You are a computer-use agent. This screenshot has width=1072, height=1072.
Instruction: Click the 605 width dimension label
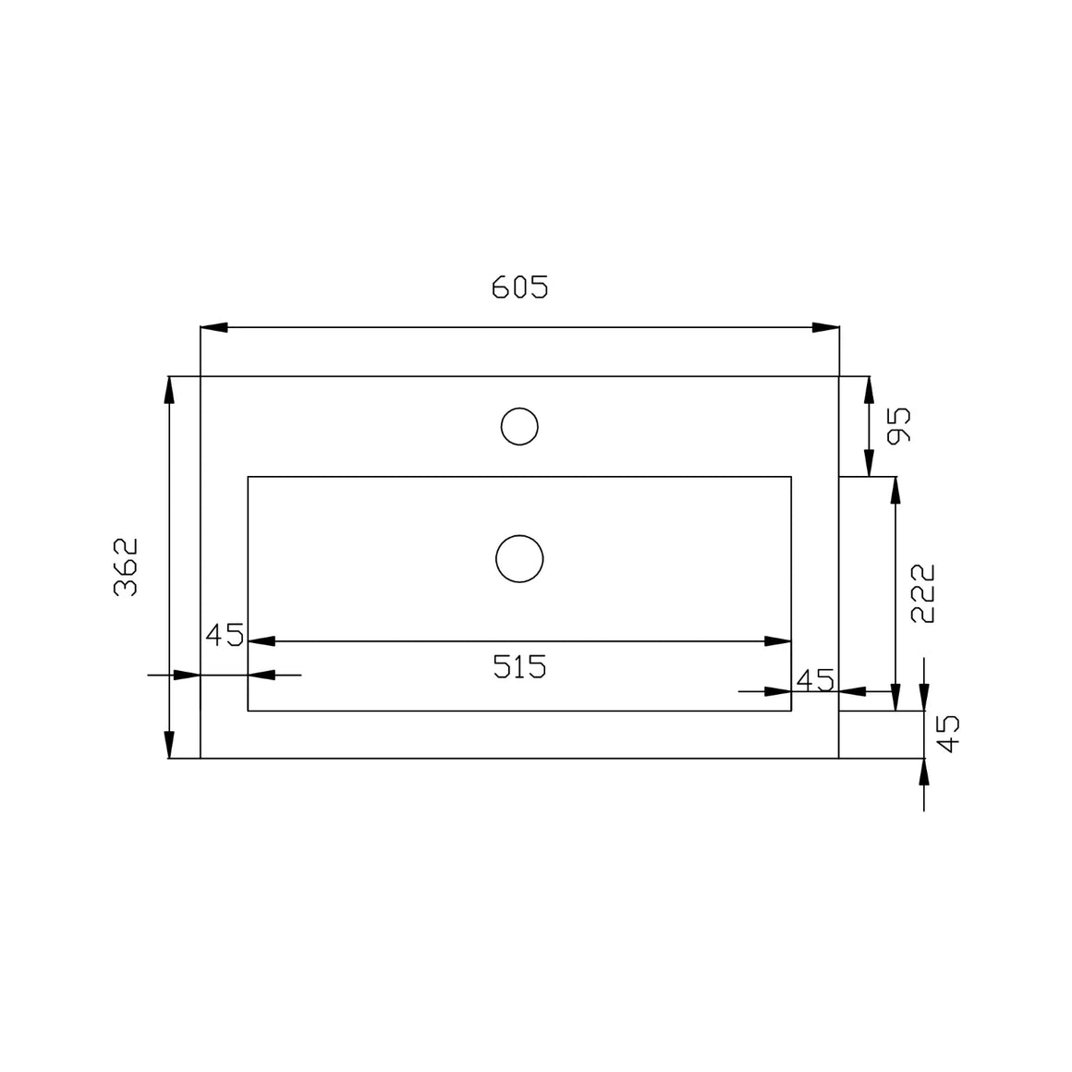519,287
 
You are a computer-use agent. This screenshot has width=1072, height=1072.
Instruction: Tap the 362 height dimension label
126,567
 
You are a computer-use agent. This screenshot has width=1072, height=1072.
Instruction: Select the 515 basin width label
519,666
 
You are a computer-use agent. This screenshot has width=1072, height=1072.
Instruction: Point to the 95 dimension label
899,425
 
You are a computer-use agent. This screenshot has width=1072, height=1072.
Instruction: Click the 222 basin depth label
923,593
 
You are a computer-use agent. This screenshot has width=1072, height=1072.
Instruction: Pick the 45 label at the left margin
225,635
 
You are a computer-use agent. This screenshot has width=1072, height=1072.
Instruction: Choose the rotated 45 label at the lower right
947,734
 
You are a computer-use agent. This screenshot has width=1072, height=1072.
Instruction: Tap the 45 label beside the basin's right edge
816,680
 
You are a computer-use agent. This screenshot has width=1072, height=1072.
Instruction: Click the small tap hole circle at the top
519,427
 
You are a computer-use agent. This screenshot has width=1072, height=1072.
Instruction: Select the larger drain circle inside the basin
519,559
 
